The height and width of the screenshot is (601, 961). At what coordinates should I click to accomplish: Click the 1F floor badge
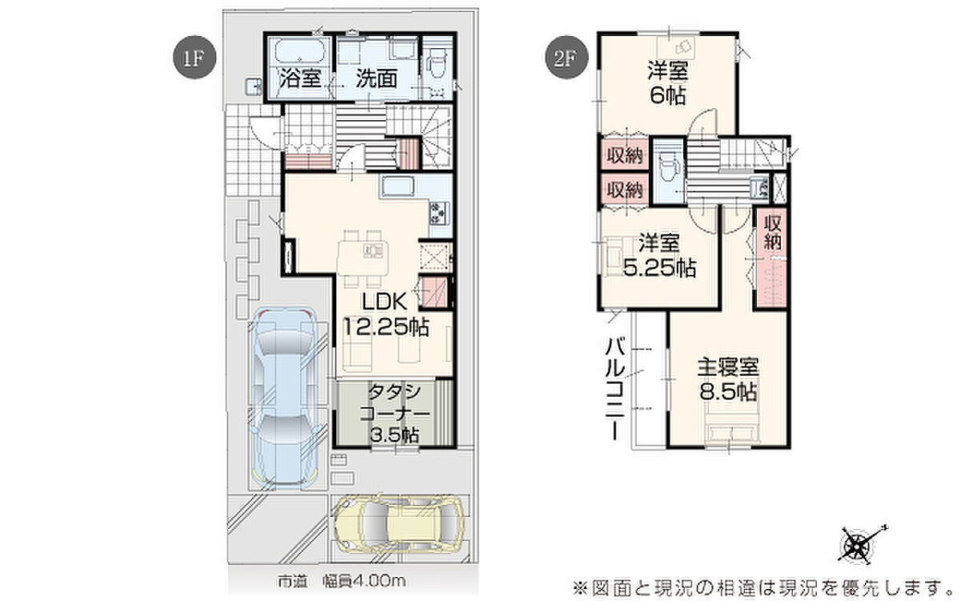[194, 57]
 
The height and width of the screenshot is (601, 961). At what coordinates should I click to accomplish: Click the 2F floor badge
[566, 57]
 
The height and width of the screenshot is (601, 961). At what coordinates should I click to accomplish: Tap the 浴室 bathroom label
[300, 79]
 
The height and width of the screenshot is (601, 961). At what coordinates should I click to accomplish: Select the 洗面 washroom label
[376, 79]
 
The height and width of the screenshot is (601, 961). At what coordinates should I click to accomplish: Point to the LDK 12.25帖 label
[385, 314]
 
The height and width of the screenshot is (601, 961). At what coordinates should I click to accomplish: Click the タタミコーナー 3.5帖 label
[394, 413]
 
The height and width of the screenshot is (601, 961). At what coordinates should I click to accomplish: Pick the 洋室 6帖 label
[668, 83]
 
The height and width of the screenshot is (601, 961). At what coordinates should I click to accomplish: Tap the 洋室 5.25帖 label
[659, 256]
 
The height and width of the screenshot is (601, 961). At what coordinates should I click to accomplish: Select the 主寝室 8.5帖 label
[729, 380]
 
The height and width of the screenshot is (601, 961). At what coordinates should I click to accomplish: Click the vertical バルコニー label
[615, 389]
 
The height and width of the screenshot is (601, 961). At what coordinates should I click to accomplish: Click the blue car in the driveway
[284, 398]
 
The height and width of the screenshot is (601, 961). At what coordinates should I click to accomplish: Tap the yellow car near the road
[400, 524]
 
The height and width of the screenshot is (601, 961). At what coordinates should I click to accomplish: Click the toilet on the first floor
[436, 65]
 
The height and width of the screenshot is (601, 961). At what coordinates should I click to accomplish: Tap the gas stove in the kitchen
[439, 213]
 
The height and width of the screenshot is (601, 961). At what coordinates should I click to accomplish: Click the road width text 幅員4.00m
[364, 581]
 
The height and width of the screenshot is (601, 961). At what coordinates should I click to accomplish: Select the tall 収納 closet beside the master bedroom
[772, 258]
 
